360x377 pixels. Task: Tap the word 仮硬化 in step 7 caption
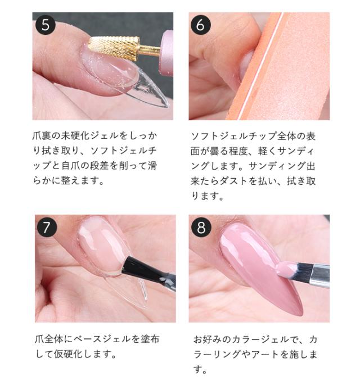tap(74, 355)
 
